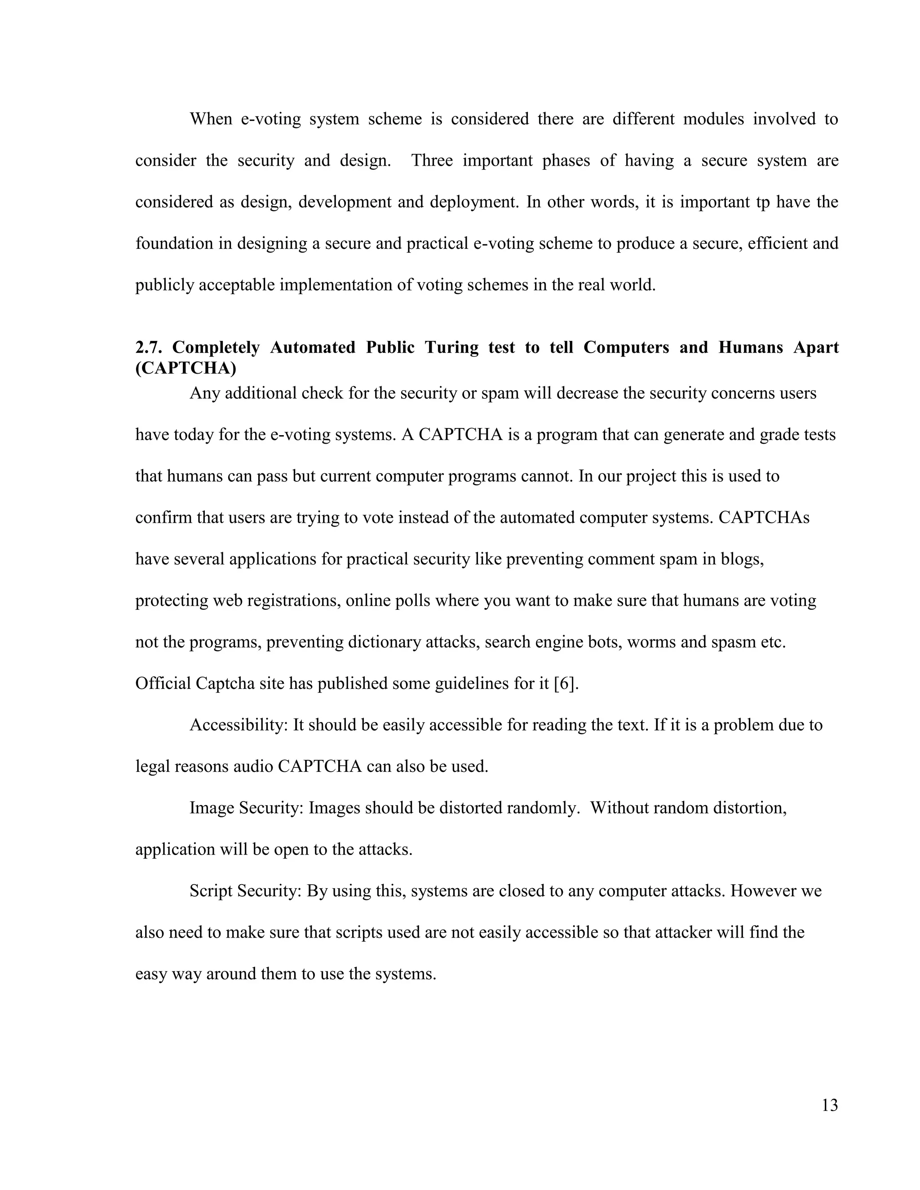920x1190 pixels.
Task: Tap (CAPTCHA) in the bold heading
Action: tap(186, 368)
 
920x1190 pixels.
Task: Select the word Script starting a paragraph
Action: tap(211, 891)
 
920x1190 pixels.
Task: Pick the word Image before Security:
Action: tap(212, 808)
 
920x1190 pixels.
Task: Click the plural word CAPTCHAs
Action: tap(764, 518)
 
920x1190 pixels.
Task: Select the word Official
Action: tap(163, 683)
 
